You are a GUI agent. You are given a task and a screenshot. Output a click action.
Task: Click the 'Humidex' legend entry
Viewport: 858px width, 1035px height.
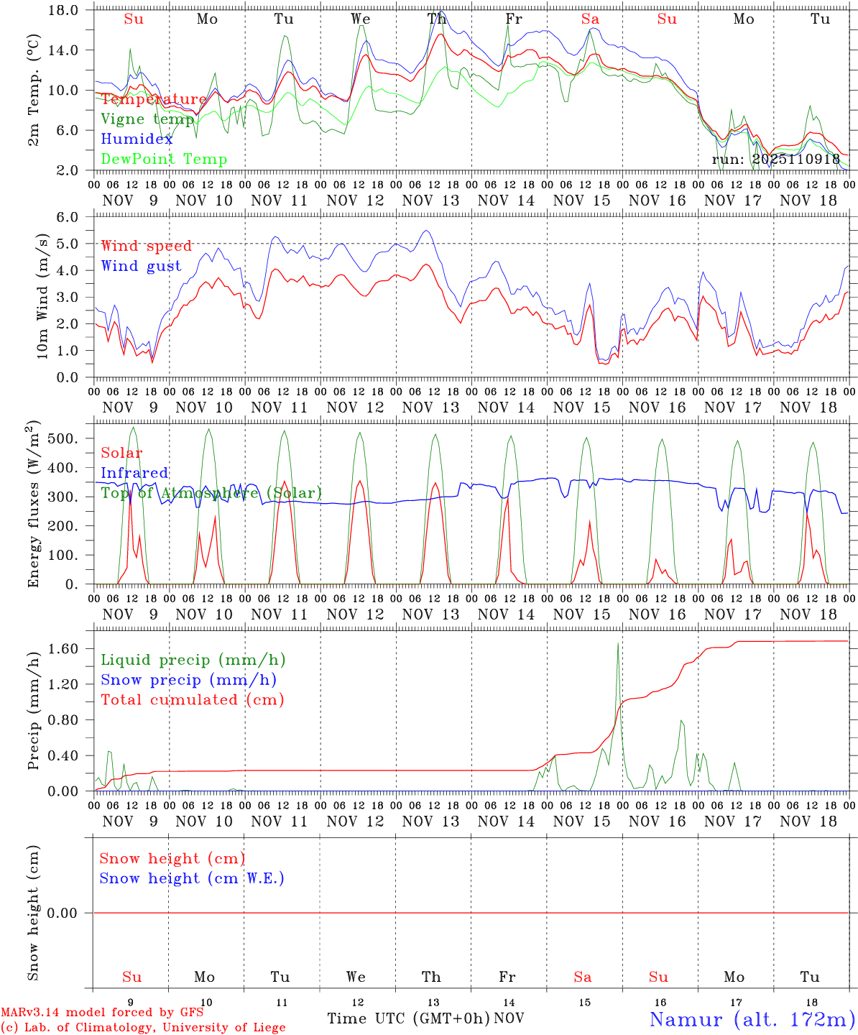pyautogui.click(x=137, y=139)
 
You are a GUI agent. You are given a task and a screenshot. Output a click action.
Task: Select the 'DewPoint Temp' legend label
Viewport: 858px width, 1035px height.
pyautogui.click(x=164, y=159)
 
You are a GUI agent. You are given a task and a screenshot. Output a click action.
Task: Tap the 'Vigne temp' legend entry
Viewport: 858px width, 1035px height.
pyautogui.click(x=147, y=119)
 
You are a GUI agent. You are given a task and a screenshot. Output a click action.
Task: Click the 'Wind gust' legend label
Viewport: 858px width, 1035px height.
pyautogui.click(x=141, y=266)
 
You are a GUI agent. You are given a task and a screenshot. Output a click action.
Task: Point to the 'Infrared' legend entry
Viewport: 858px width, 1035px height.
pyautogui.click(x=134, y=473)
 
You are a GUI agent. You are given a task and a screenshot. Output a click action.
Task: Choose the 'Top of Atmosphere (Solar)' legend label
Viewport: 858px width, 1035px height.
pyautogui.click(x=211, y=493)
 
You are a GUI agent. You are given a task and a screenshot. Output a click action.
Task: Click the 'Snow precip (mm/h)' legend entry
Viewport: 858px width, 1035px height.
pyautogui.click(x=188, y=680)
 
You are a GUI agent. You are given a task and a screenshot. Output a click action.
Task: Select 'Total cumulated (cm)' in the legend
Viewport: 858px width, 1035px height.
pyautogui.click(x=192, y=700)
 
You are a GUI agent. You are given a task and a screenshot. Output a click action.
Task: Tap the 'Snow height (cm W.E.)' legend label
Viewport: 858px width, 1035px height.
pyautogui.click(x=192, y=878)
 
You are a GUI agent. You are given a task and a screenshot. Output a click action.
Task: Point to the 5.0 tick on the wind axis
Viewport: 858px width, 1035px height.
pyautogui.click(x=67, y=244)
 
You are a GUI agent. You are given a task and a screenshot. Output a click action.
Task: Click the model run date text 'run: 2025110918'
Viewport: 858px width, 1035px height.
pyautogui.click(x=775, y=159)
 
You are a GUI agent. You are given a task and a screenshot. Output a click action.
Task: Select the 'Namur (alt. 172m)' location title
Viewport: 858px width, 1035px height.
pyautogui.click(x=752, y=1018)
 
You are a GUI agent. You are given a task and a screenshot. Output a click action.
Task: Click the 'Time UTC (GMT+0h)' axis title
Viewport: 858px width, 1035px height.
pyautogui.click(x=408, y=1018)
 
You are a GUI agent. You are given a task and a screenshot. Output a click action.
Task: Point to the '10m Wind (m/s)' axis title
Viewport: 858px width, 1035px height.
pyautogui.click(x=42, y=297)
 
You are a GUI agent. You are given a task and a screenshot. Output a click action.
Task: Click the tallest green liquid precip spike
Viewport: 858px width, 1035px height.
pyautogui.click(x=618, y=644)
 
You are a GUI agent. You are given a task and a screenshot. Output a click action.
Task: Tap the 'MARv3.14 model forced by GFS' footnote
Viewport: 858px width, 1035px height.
pyautogui.click(x=102, y=1013)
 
